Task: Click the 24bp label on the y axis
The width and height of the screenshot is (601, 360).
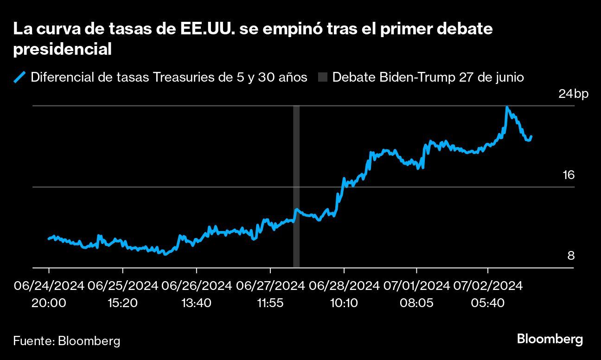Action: [x=573, y=94]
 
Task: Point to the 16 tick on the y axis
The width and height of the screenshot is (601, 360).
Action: [x=568, y=175]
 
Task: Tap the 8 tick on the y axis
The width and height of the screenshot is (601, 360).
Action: [x=571, y=256]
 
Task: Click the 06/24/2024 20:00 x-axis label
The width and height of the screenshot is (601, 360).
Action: [x=49, y=294]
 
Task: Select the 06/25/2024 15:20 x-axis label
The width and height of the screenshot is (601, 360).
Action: [x=123, y=294]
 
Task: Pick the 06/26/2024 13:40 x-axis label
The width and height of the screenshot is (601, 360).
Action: [x=197, y=294]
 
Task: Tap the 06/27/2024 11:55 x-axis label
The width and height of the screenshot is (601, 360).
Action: [x=270, y=294]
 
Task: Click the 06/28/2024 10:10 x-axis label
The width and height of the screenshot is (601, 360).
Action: [x=344, y=294]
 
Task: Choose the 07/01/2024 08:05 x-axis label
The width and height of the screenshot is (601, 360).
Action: [x=417, y=294]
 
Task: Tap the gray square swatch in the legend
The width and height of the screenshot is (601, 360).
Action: [x=323, y=77]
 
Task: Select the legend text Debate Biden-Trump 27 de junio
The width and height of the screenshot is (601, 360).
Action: [x=428, y=77]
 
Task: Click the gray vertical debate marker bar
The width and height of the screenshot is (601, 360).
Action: [x=296, y=186]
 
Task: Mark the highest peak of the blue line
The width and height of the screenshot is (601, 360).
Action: [x=507, y=107]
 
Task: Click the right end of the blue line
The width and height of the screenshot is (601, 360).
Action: [x=531, y=136]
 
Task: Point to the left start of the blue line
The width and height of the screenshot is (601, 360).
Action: [x=49, y=238]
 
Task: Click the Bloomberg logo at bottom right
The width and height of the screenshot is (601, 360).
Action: [x=550, y=339]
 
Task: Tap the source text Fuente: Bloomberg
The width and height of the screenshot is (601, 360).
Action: [x=66, y=341]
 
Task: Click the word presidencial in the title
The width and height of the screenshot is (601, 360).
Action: [x=62, y=49]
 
